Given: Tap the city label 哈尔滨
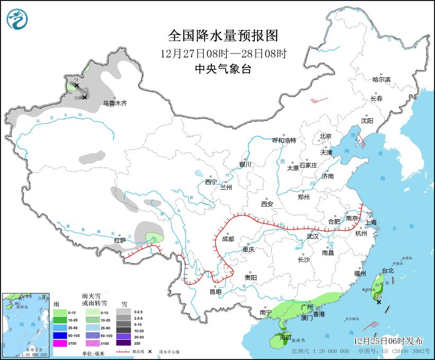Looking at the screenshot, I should coord(381,80).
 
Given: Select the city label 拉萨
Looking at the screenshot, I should coord(120,240).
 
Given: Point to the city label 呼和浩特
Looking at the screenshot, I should coord(284,141).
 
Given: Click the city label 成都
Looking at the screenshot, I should coord(228,239).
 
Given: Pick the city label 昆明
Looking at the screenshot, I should coord(215,292).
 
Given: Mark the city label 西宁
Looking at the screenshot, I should coord(211,182).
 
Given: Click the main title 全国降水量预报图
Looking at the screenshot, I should coord(223,36).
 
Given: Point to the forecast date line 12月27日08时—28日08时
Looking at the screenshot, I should coord(223,53).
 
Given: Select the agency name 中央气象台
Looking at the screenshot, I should coord(223,69).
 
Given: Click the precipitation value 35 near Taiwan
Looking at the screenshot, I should coord(378,296).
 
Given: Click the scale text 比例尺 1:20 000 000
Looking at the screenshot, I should coord(319,351).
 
